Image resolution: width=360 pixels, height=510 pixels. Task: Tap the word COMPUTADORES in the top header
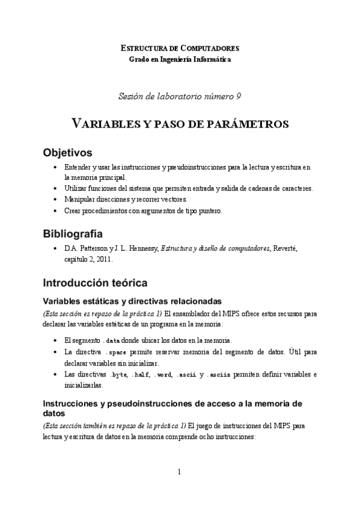(208, 48)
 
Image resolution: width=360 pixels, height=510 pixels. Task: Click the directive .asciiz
(218, 375)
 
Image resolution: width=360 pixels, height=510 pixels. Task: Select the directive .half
(139, 375)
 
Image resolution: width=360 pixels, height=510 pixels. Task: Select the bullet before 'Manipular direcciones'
(55, 199)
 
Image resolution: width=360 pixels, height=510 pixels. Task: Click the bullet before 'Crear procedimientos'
(55, 210)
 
